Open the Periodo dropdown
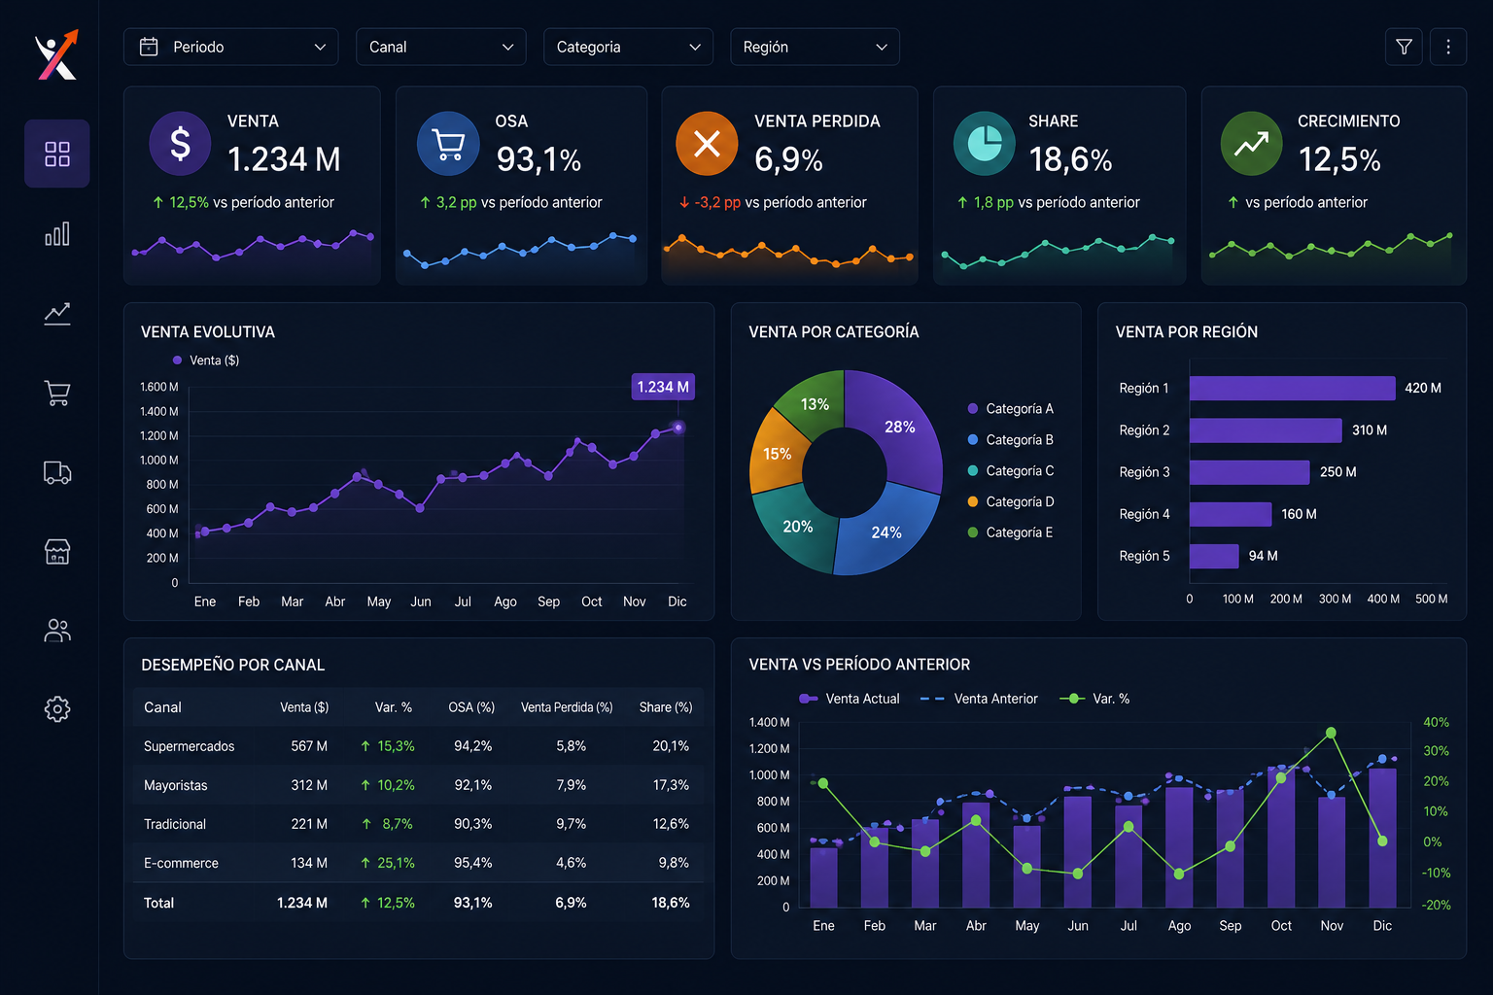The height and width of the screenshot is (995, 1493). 230,47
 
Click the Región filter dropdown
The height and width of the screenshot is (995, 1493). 815,47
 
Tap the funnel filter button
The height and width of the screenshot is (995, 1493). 1404,47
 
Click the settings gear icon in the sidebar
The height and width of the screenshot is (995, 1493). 57,709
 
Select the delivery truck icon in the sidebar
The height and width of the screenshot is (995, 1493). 57,472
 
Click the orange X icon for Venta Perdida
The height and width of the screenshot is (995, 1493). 707,143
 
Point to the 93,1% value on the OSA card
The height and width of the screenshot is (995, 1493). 538,159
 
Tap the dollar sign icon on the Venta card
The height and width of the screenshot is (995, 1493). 180,143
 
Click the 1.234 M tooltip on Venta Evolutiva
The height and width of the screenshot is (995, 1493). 663,387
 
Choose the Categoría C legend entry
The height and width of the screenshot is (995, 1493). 1011,470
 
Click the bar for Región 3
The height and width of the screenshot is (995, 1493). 1249,472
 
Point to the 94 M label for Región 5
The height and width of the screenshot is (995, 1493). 1263,556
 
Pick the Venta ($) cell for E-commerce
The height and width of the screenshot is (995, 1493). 308,863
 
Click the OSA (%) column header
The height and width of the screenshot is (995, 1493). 471,707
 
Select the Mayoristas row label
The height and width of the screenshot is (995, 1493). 175,785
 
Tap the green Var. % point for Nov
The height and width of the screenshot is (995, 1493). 1331,733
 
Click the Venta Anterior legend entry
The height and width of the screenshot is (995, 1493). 979,699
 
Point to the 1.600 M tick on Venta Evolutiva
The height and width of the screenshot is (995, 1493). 158,387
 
